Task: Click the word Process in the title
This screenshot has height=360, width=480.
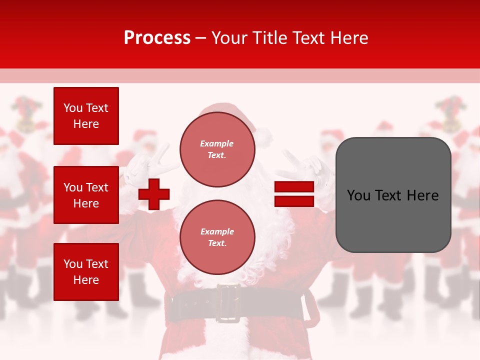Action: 157,38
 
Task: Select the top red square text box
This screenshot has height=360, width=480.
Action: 86,116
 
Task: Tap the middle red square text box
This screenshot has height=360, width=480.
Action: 86,195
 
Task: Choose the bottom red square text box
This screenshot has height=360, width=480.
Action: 86,272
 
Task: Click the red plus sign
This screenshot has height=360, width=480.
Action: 154,194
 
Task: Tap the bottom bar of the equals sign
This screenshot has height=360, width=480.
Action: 294,201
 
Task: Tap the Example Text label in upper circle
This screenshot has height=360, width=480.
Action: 217,149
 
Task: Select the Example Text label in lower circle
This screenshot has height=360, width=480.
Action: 217,237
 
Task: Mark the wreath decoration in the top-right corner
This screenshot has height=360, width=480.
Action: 450,113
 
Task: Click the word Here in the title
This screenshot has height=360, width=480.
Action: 350,38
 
